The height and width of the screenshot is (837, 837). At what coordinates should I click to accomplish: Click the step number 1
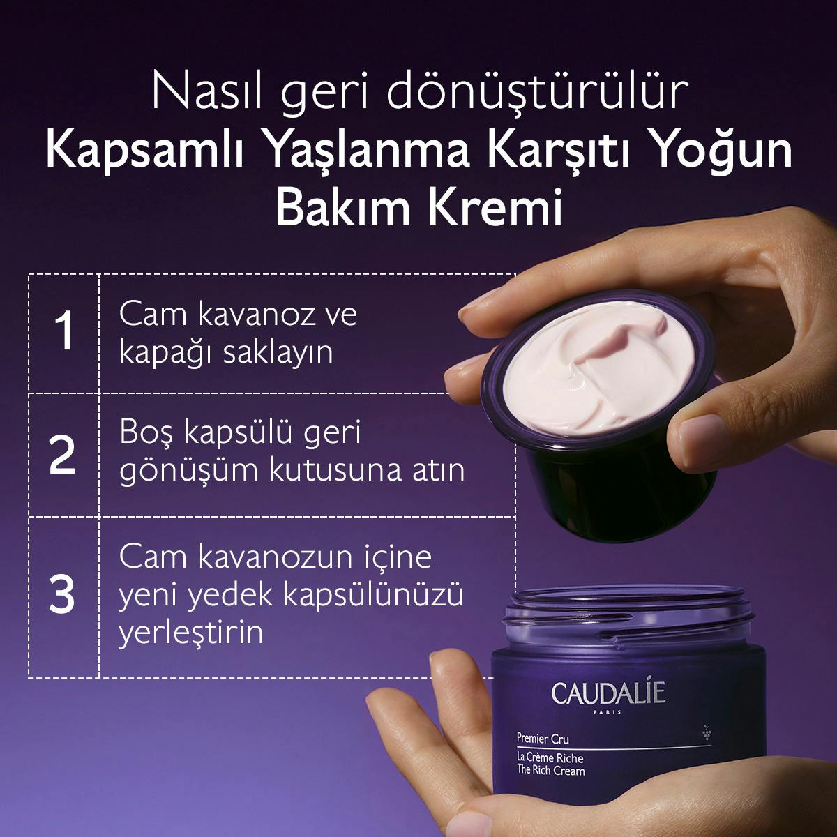coord(63,332)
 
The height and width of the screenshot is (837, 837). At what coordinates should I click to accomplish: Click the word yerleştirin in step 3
coord(191,633)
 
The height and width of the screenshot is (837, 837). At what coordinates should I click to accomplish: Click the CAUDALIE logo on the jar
coord(608,693)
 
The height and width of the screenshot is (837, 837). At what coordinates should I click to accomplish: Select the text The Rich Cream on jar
coord(550,770)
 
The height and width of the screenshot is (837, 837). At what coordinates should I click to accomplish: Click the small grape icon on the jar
coord(707,732)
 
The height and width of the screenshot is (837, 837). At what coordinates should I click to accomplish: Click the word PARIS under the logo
coord(608,713)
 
